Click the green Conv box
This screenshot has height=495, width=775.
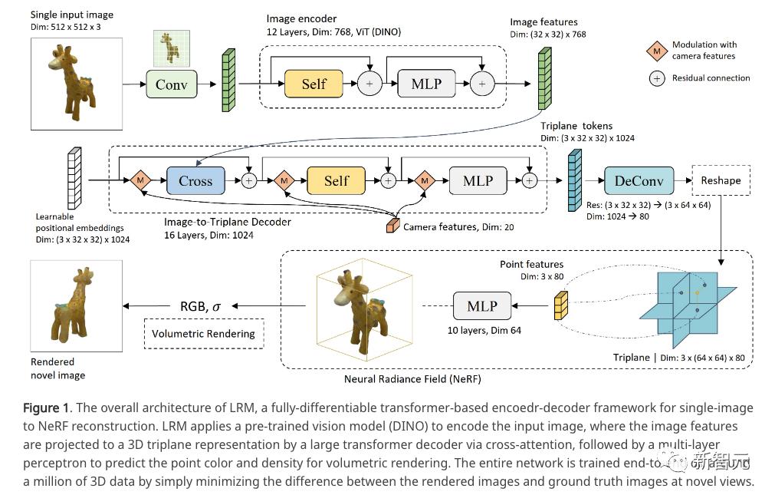[x=171, y=84]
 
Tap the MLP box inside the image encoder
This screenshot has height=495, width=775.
[x=425, y=84]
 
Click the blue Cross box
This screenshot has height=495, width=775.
[x=195, y=181]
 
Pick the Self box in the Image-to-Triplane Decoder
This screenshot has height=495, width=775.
[x=336, y=181]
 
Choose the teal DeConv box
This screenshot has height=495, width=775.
[x=639, y=181]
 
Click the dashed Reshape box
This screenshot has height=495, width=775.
[x=721, y=180]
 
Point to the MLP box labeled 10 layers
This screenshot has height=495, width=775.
[x=481, y=306]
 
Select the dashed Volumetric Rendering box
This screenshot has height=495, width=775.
[x=203, y=334]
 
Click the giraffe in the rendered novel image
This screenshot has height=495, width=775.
[x=77, y=305]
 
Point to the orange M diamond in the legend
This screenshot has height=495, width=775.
[x=656, y=51]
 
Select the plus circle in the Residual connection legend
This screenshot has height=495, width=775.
[x=656, y=78]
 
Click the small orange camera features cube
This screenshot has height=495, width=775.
[x=392, y=226]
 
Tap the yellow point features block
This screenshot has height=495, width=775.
[x=561, y=306]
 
